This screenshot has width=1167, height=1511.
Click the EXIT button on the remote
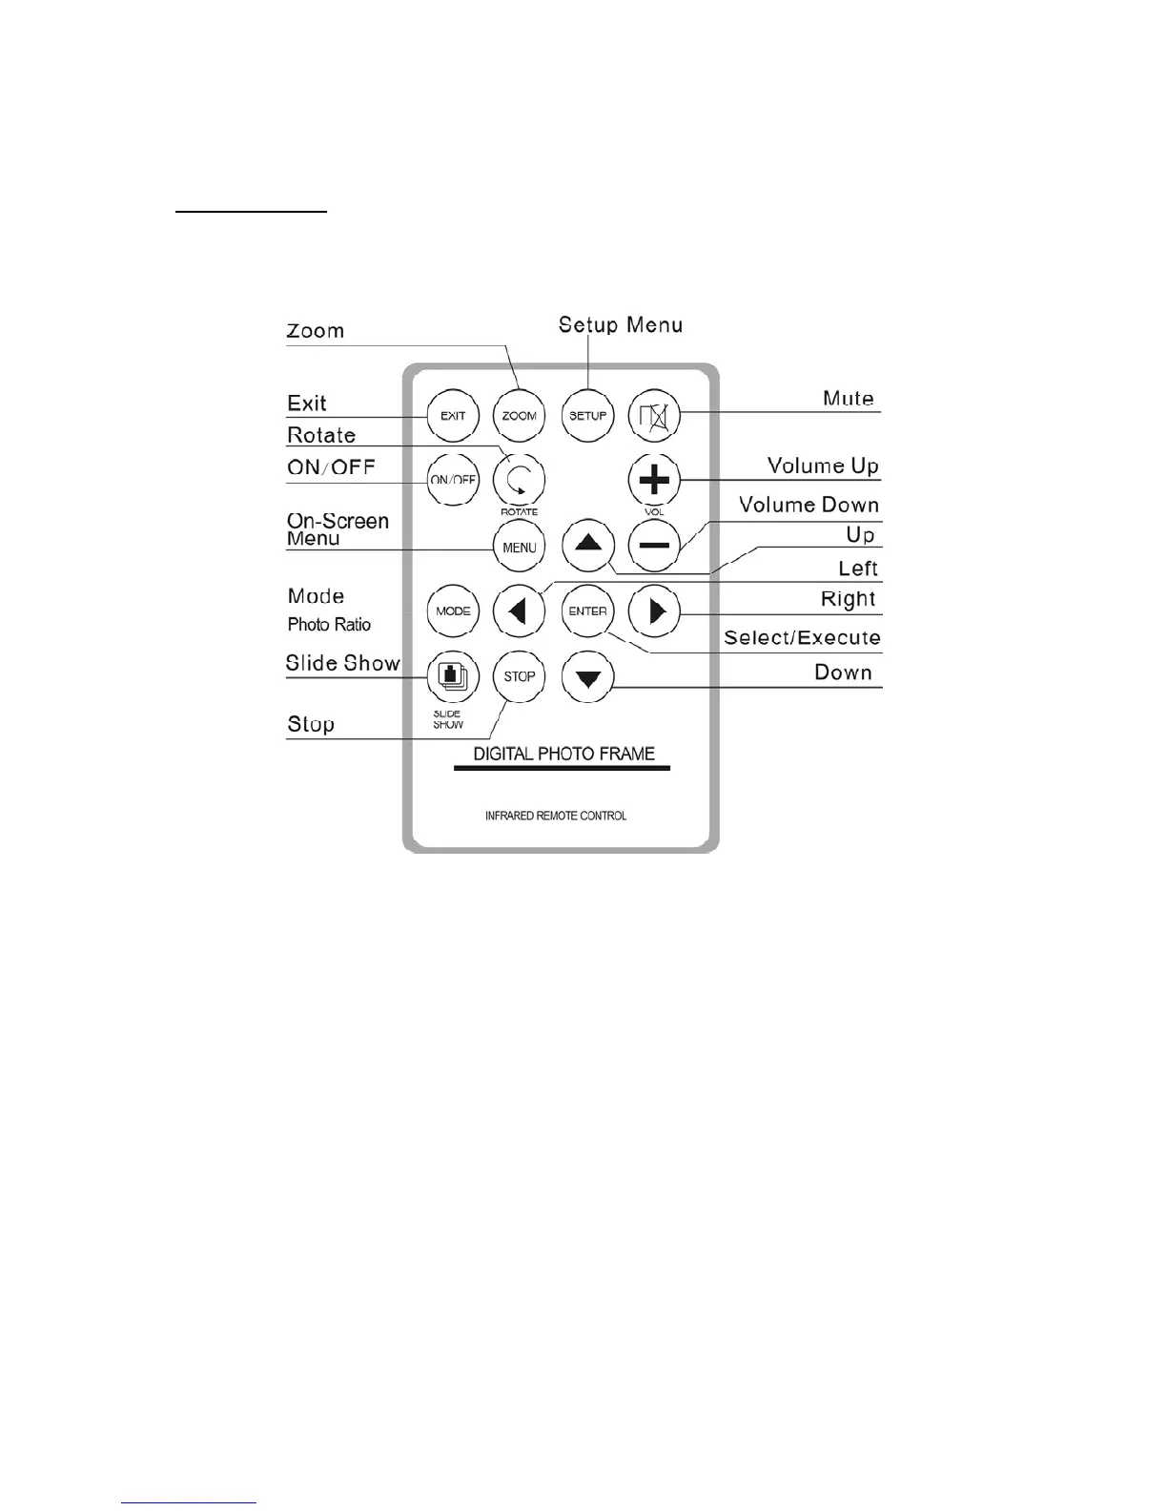point(453,416)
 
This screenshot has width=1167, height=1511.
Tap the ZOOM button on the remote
point(520,416)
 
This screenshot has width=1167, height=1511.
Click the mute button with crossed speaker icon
point(655,416)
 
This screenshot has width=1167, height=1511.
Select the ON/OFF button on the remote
point(453,480)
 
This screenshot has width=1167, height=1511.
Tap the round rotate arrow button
point(520,479)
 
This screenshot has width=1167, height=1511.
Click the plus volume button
point(655,480)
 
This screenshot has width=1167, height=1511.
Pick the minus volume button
point(655,547)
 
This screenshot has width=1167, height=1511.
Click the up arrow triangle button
point(588,546)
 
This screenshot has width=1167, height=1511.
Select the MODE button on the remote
point(453,611)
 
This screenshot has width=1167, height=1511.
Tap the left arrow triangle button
point(520,611)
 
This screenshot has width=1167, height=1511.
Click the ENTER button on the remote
point(588,611)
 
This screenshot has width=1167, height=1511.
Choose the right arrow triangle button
point(655,611)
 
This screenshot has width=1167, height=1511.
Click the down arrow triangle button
point(588,677)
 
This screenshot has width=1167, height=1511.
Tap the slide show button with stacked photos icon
point(453,675)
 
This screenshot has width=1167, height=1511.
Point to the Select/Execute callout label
point(802,638)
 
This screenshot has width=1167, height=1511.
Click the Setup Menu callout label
point(621,325)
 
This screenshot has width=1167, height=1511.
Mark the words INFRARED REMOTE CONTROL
point(556,817)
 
